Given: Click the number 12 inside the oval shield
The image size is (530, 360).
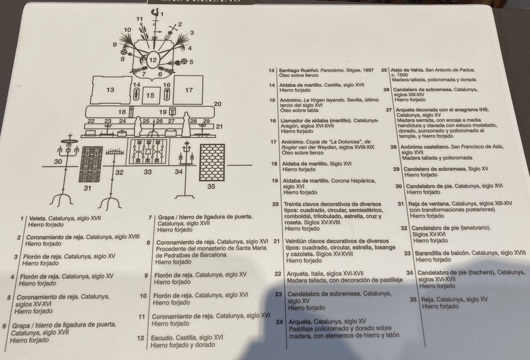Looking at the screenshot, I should pos(153,60).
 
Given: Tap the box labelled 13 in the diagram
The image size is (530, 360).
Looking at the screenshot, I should pos(111,90).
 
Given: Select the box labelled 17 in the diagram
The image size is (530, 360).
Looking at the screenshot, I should pos(189,90).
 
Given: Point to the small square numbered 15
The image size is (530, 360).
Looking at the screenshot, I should pos(150,95).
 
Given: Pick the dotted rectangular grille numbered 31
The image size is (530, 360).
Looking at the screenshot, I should pos(92,164).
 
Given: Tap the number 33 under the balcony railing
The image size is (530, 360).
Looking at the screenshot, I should pos(148,172).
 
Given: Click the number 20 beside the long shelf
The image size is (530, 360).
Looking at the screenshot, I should pos(217,104).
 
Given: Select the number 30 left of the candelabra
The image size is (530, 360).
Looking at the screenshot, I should pos(58,161).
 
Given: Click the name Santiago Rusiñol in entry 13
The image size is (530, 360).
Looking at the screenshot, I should pos(297,70).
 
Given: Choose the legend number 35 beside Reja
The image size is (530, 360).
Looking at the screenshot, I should pos(413,299).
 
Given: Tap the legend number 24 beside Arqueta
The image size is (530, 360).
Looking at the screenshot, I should pos(280,322).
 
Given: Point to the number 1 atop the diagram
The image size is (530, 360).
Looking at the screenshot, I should pos(161,14).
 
